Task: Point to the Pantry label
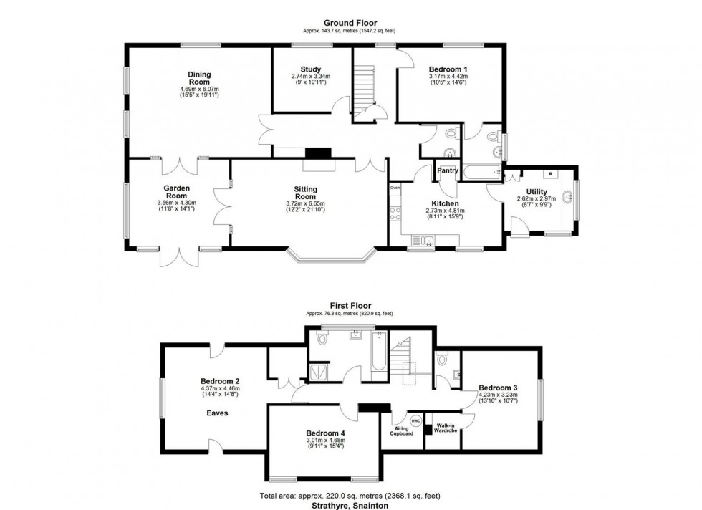click(x=448, y=170)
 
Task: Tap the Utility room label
click(x=537, y=191)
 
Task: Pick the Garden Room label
click(x=176, y=192)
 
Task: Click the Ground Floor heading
click(x=350, y=23)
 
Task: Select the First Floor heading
click(x=350, y=304)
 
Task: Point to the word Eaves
click(x=218, y=413)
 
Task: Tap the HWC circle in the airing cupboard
click(x=415, y=420)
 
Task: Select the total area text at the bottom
click(x=350, y=496)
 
